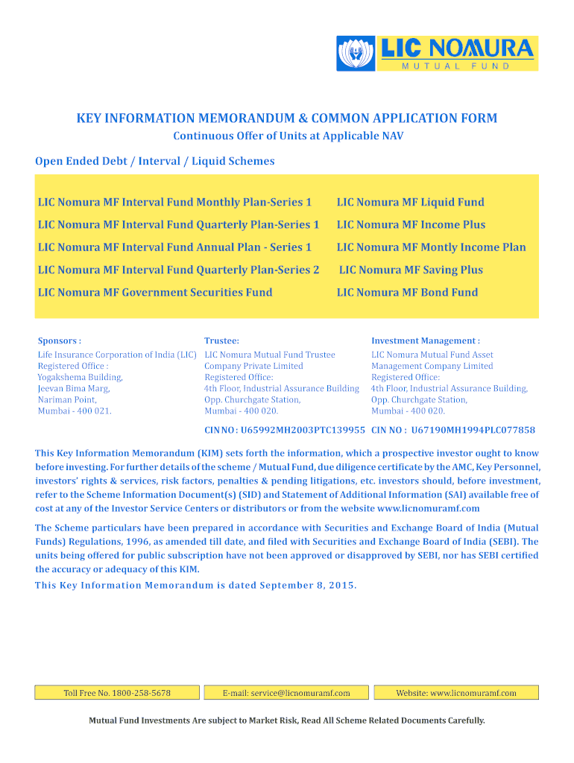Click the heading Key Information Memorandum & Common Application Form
click(287, 118)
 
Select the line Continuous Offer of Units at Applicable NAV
click(288, 136)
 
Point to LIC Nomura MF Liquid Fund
click(410, 202)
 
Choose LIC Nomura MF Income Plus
click(411, 224)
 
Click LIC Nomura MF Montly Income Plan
click(431, 247)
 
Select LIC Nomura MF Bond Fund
click(407, 292)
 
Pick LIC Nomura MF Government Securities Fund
click(155, 292)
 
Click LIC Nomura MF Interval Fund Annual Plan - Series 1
click(174, 247)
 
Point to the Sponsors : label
click(60, 341)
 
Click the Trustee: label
click(221, 341)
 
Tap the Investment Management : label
click(426, 341)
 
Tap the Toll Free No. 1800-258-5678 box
click(117, 693)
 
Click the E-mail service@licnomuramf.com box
click(286, 693)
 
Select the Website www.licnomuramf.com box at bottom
click(456, 693)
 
